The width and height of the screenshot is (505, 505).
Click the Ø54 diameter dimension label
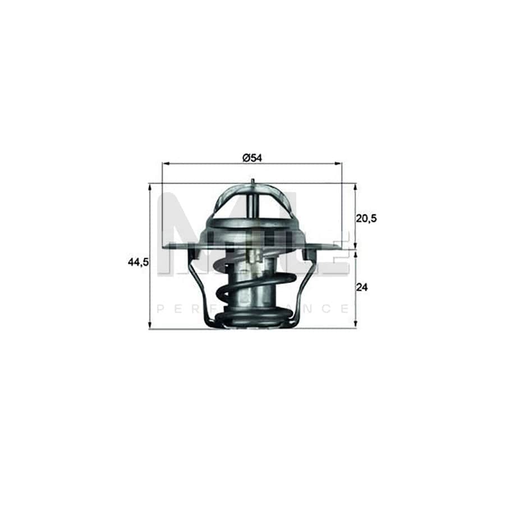(252, 158)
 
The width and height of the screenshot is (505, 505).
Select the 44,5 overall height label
(138, 261)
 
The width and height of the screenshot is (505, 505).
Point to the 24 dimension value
(362, 287)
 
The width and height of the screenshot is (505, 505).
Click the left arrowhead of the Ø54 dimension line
(164, 164)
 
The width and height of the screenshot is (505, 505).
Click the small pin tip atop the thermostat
(253, 181)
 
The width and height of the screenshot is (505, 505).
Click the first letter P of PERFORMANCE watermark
(160, 309)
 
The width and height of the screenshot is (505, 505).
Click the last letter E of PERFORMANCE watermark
(345, 309)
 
